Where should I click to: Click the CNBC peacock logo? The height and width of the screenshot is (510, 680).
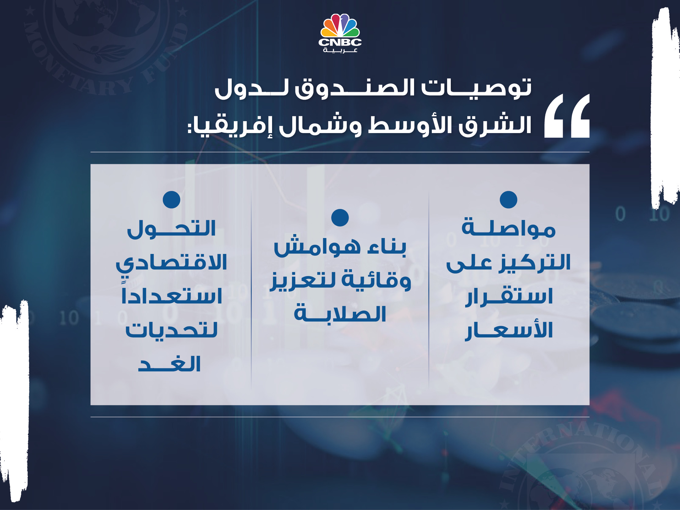pyautogui.click(x=340, y=26)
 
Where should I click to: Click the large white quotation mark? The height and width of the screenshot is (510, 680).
pyautogui.click(x=567, y=116)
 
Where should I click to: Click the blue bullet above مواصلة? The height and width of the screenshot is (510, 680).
pyautogui.click(x=508, y=199)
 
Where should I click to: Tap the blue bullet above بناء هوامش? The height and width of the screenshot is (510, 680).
pyautogui.click(x=340, y=218)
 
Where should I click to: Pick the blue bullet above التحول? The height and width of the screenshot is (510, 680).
pyautogui.click(x=172, y=199)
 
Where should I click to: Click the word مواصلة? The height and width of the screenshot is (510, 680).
pyautogui.click(x=508, y=228)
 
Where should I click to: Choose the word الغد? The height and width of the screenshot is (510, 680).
pyautogui.click(x=169, y=364)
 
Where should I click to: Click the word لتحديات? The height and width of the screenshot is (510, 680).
pyautogui.click(x=172, y=330)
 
